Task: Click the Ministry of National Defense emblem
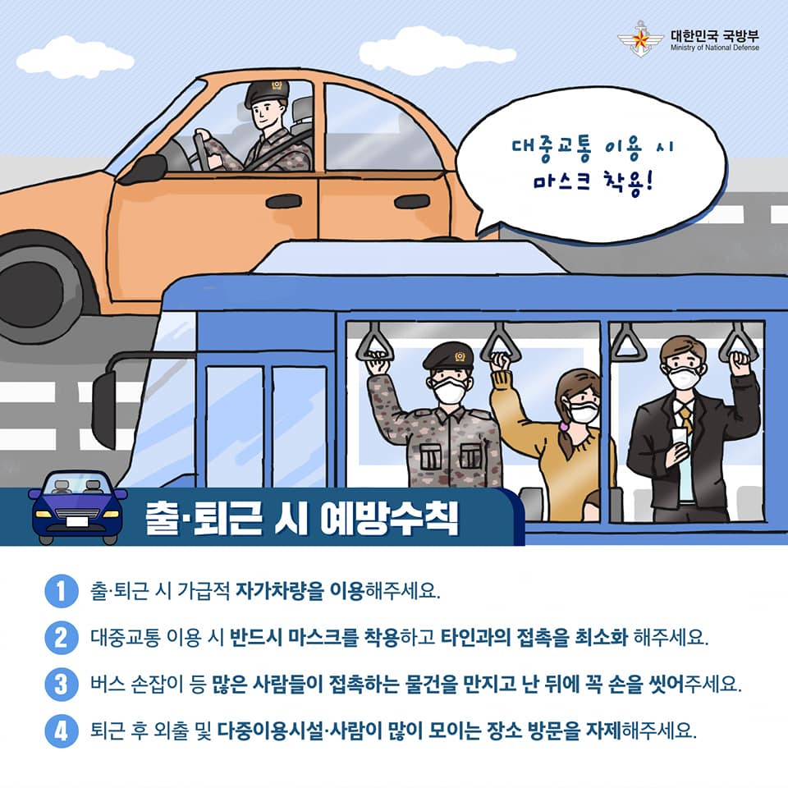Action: click(x=641, y=39)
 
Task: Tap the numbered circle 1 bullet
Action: click(x=62, y=591)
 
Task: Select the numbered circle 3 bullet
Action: click(x=62, y=684)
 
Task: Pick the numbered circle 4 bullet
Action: click(x=62, y=731)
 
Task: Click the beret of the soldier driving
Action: click(x=266, y=92)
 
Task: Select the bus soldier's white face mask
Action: click(x=450, y=391)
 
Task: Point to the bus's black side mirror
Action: click(x=104, y=409)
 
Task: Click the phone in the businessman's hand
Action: click(x=679, y=437)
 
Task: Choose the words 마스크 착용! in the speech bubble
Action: click(x=593, y=182)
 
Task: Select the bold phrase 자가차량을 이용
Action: click(x=300, y=591)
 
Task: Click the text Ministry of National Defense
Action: click(x=715, y=48)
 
